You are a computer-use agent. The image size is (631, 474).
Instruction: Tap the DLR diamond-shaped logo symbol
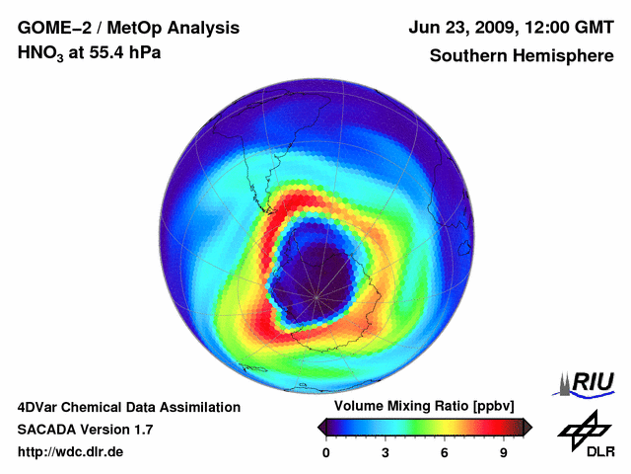pos(582,429)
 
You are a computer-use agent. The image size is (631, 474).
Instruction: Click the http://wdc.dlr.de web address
pos(71,452)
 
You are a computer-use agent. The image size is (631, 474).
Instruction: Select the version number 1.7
pos(142,430)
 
